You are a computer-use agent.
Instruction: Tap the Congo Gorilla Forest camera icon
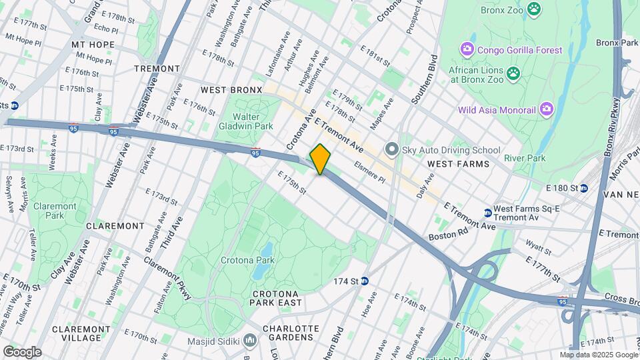(x=467, y=50)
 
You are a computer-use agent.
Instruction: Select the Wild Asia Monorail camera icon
(x=547, y=109)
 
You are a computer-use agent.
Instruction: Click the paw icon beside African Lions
(x=513, y=73)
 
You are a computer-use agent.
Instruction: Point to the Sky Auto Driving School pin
(x=392, y=149)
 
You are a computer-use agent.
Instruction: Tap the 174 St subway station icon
(x=364, y=281)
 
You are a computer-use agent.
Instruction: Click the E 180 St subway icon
(x=583, y=188)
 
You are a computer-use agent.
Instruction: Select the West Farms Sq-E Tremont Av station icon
(x=487, y=213)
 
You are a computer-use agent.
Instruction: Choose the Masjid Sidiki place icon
(x=250, y=341)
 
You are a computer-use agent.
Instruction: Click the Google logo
(x=21, y=351)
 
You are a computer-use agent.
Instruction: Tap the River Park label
(x=525, y=158)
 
